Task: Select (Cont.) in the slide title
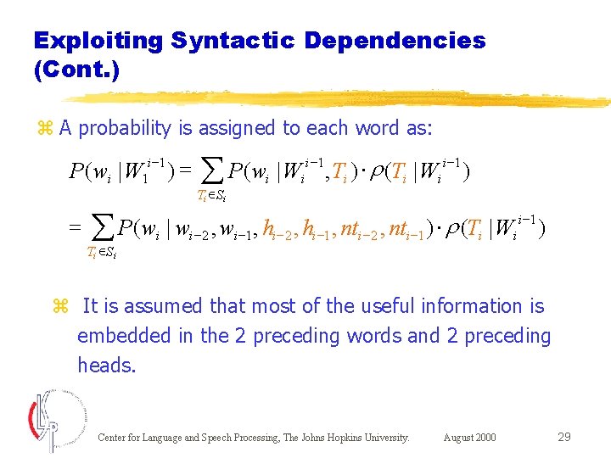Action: pos(76,70)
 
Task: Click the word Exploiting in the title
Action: pos(98,40)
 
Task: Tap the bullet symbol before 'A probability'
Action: pos(45,129)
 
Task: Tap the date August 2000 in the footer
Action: pos(470,438)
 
